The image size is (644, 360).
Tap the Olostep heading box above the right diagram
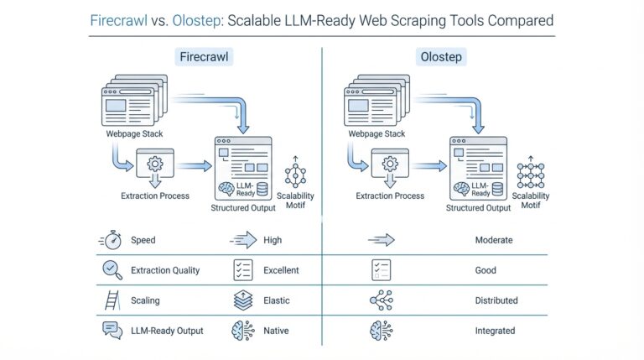click(442, 57)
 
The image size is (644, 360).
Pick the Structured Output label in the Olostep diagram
click(477, 207)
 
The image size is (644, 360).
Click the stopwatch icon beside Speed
click(111, 240)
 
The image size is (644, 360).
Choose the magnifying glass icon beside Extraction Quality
click(111, 270)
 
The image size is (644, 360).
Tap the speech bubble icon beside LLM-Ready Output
click(111, 331)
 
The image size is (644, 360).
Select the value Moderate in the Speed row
click(493, 240)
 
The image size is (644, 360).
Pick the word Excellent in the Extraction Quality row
click(280, 270)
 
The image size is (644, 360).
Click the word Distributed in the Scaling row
click(496, 300)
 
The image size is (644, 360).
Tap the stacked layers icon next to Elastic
click(241, 300)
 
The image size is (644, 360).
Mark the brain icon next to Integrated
click(380, 331)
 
